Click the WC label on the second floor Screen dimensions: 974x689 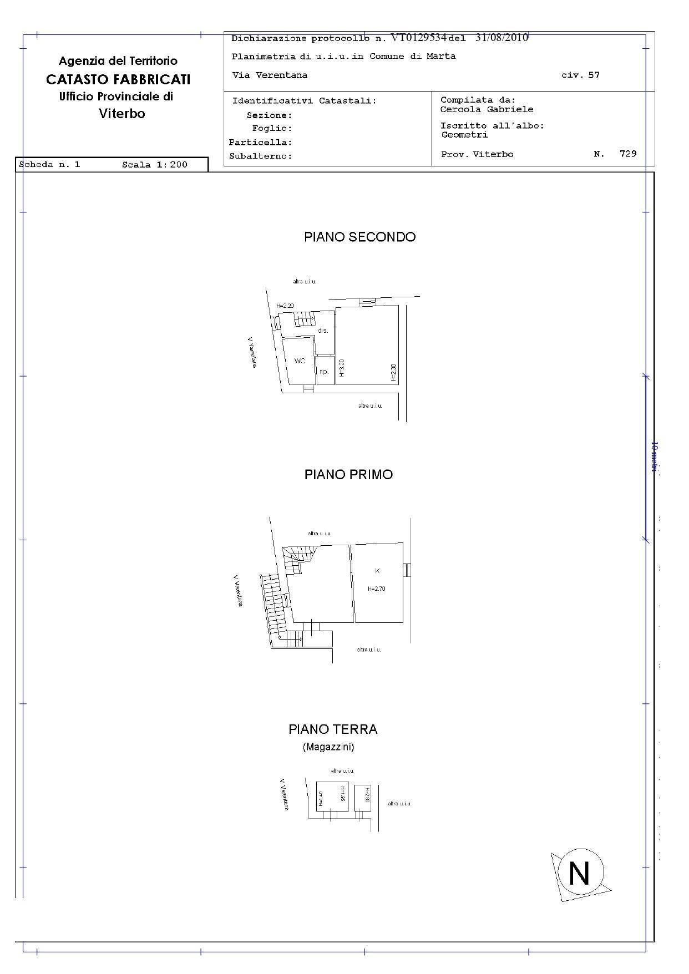click(x=300, y=361)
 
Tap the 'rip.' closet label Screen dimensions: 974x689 click(x=324, y=372)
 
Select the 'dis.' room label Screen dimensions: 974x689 click(x=323, y=331)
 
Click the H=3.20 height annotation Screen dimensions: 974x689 click(x=342, y=368)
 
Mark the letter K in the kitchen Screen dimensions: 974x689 click(x=377, y=571)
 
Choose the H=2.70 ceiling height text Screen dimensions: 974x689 click(x=376, y=589)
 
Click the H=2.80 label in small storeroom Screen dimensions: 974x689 click(x=367, y=797)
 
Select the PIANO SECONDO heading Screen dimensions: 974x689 click(x=359, y=237)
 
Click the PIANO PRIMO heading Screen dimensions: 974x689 click(x=348, y=475)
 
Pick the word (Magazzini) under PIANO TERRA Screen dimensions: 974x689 click(x=328, y=747)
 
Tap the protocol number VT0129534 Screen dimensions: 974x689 click(x=418, y=38)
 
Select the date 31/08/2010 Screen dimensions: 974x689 click(x=501, y=38)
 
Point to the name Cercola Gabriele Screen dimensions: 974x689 click(x=487, y=109)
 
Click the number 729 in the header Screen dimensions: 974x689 click(x=628, y=154)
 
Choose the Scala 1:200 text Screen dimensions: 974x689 click(x=155, y=165)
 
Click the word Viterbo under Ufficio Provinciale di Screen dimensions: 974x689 click(x=122, y=114)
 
